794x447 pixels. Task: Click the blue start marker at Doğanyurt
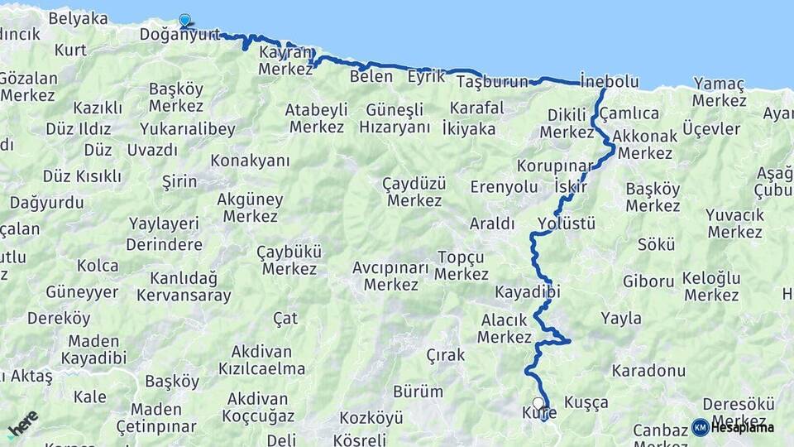point(184,21)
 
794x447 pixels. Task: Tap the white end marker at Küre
point(538,403)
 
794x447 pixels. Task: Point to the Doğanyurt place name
point(179,35)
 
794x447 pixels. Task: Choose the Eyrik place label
point(426,77)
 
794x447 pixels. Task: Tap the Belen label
point(371,77)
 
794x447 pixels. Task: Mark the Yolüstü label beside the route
point(567,223)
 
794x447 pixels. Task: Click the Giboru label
point(648,281)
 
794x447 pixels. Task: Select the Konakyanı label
point(250,160)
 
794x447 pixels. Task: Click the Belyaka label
point(77,18)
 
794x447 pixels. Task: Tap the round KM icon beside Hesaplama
point(700,427)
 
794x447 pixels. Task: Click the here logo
point(22,424)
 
